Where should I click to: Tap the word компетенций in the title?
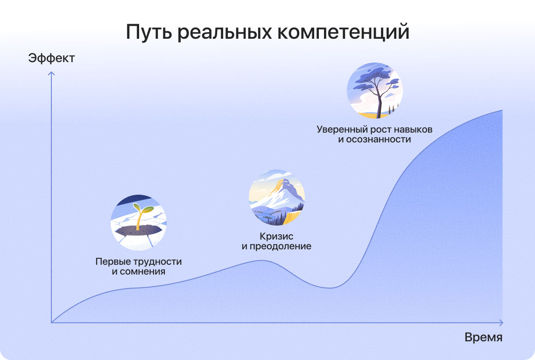point(343,32)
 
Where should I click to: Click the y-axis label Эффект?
point(51,58)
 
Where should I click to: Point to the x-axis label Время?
point(484,337)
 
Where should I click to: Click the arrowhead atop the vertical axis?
point(51,73)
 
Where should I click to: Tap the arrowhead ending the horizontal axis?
point(501,323)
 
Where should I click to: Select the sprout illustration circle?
point(139,222)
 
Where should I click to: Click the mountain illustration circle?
point(277,197)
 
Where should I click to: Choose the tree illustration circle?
point(374,91)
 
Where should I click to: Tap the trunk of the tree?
point(379,101)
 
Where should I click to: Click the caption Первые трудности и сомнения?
point(139,267)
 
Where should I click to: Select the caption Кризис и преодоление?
point(276,241)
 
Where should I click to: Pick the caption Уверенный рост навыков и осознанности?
point(374,134)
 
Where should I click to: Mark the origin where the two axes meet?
point(51,323)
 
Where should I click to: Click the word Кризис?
point(276,236)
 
